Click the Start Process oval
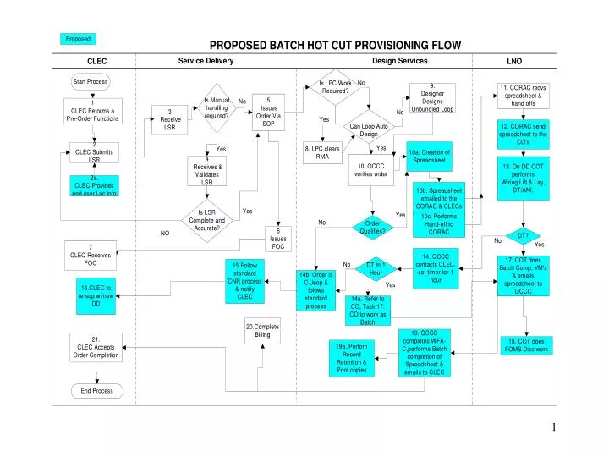(x=91, y=82)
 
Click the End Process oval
(x=96, y=391)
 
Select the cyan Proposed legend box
(x=79, y=39)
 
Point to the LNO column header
(x=514, y=62)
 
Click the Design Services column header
(x=399, y=61)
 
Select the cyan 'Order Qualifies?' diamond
(x=373, y=226)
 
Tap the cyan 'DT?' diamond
(x=522, y=235)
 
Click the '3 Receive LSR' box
(x=170, y=119)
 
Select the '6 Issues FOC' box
(x=278, y=239)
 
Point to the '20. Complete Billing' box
(x=262, y=331)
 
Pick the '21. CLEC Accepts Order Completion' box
(x=96, y=347)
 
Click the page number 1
(x=554, y=427)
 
